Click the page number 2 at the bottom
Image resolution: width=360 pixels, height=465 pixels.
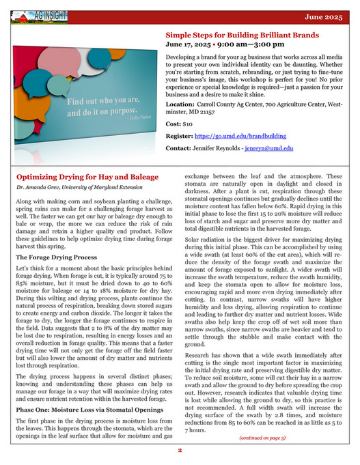(180, 451)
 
